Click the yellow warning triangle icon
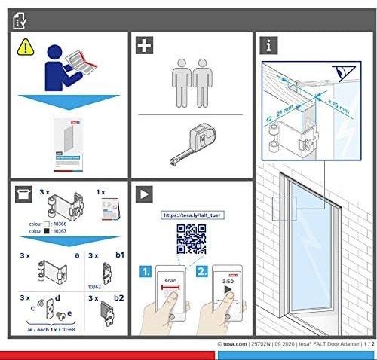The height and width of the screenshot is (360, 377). pyautogui.click(x=25, y=46)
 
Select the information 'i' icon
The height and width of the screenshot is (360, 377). pyautogui.click(x=267, y=46)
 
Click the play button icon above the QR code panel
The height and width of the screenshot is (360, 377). pyautogui.click(x=143, y=194)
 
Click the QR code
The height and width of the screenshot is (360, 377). pyautogui.click(x=191, y=238)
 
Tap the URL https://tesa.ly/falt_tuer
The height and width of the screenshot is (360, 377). pyautogui.click(x=192, y=215)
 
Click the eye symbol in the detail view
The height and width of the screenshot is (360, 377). pyautogui.click(x=347, y=72)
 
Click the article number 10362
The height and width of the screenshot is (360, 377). pyautogui.click(x=93, y=286)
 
